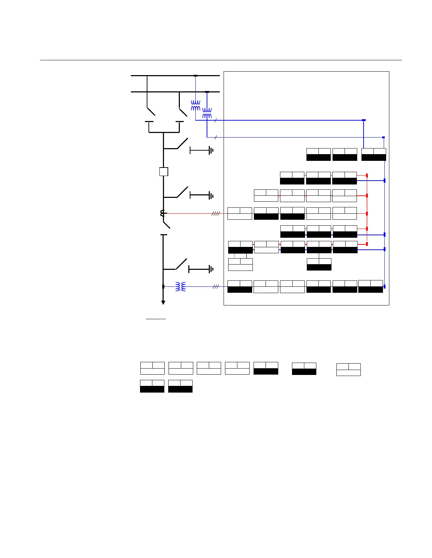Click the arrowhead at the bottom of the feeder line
tap(163, 302)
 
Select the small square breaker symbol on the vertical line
tap(164, 172)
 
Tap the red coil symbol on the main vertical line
tap(163, 213)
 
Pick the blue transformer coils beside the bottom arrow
tap(181, 286)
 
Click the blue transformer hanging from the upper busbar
tap(196, 105)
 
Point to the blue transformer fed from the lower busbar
tap(207, 114)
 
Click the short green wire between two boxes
tap(235, 256)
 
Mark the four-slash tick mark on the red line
tap(216, 213)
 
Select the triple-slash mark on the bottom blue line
tap(216, 287)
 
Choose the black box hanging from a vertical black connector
tap(319, 264)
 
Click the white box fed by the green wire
tap(240, 265)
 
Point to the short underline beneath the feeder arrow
tap(156, 319)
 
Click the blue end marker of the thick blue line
tap(364, 120)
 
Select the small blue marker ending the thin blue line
tap(383, 137)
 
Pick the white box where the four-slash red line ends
tap(240, 214)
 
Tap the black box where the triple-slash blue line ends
tap(240, 287)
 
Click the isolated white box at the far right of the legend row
tap(348, 369)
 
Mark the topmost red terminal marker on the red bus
tap(367, 175)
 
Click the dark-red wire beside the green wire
tap(247, 256)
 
